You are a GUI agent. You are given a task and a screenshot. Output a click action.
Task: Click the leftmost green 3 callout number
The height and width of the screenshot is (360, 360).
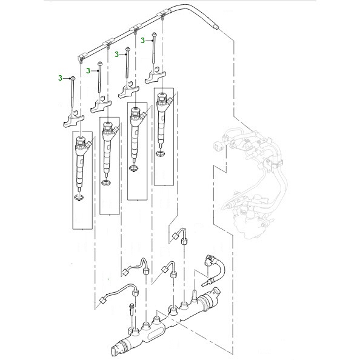point(60,78)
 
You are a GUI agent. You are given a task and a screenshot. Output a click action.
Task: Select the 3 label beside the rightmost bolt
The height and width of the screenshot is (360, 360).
point(143,41)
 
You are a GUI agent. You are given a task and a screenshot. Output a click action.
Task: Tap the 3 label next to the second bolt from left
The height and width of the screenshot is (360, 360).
point(88,71)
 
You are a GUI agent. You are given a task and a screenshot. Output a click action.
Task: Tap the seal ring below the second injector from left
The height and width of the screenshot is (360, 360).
point(105,184)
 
